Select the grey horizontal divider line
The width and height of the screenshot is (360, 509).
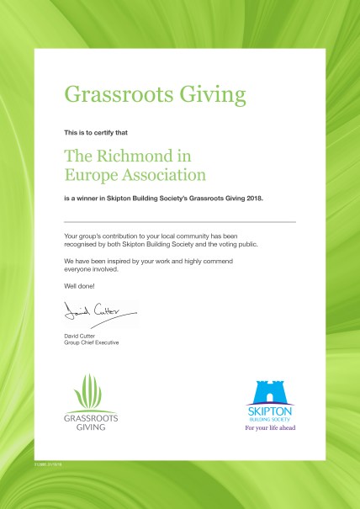(x=180, y=220)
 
